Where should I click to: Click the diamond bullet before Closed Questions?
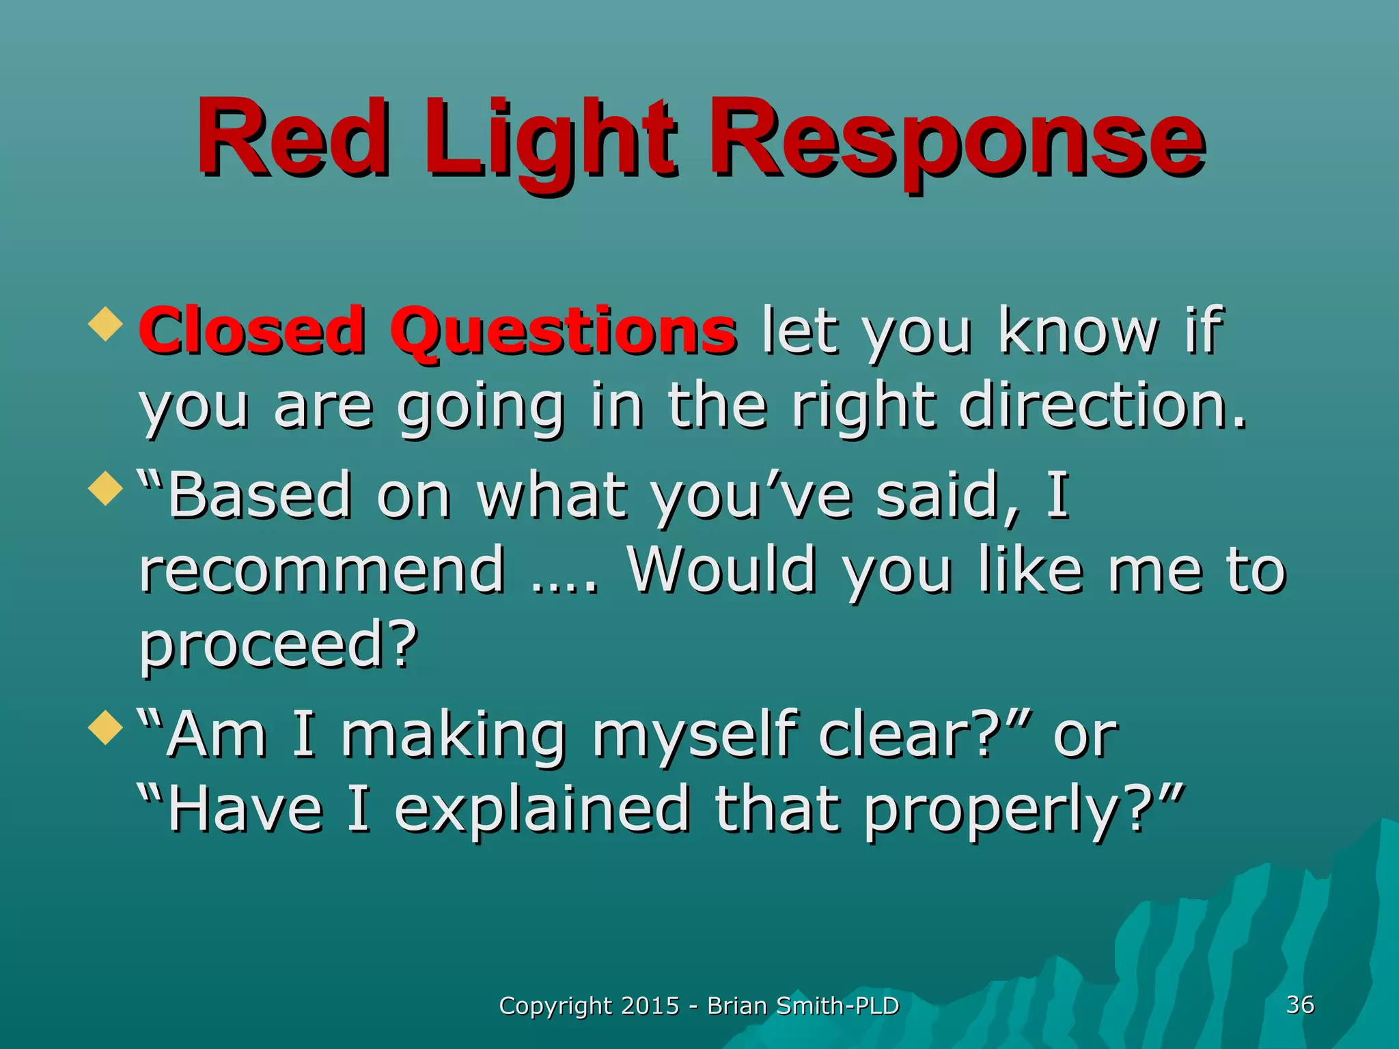point(106,324)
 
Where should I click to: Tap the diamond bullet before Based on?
point(106,488)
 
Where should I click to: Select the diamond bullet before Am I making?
point(106,727)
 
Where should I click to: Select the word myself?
point(693,736)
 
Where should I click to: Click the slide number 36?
point(1300,1005)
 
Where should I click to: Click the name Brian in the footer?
point(737,1006)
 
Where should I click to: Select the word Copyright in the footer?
point(555,1007)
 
